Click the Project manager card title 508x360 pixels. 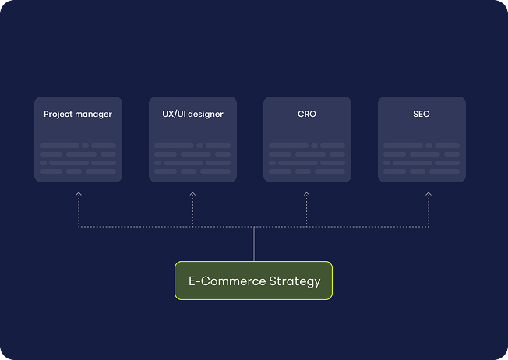click(x=78, y=115)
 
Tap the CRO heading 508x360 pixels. click(x=307, y=115)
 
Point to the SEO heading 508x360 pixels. click(x=422, y=115)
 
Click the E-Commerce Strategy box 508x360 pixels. click(x=253, y=281)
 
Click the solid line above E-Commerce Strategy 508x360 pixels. click(x=254, y=244)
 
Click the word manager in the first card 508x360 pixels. click(x=93, y=115)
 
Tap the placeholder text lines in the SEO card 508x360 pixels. click(x=422, y=158)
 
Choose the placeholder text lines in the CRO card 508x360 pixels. click(x=307, y=158)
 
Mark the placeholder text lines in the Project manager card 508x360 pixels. click(x=78, y=158)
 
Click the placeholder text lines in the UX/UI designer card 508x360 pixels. click(x=192, y=158)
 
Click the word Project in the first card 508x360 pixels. click(x=58, y=115)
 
